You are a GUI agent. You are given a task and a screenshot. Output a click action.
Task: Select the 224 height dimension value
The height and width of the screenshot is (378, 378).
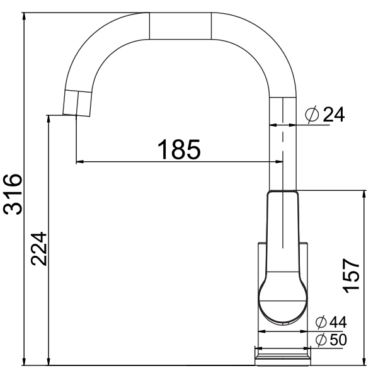click(38, 249)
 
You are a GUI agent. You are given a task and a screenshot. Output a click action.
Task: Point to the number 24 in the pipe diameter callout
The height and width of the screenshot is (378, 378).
click(334, 115)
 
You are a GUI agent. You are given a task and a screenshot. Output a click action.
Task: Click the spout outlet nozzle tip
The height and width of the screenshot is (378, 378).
click(76, 103)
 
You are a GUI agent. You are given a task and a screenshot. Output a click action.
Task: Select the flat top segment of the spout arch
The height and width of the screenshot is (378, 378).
click(180, 26)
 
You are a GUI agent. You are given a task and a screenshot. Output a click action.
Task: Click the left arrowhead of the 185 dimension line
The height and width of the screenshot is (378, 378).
click(78, 163)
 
